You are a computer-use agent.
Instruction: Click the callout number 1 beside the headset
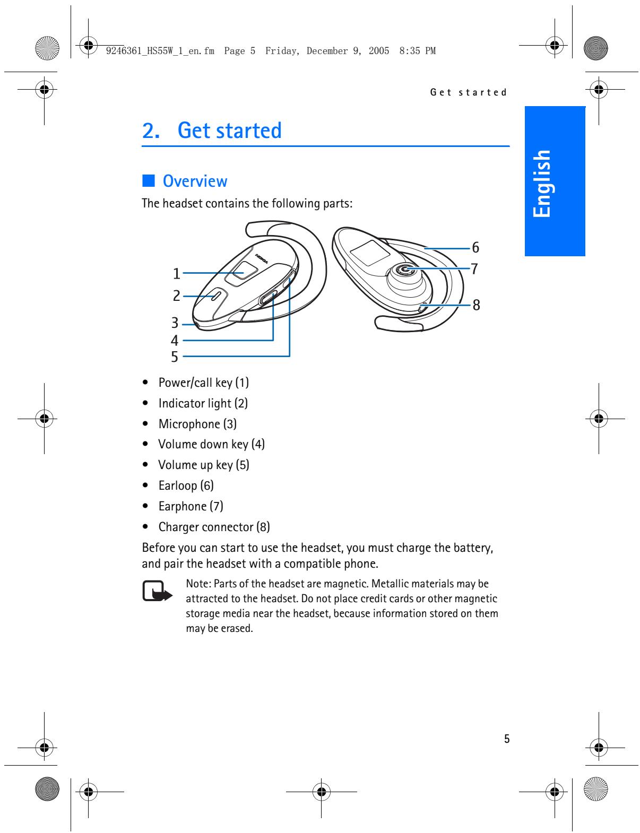click(177, 274)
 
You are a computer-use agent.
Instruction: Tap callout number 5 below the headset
click(175, 357)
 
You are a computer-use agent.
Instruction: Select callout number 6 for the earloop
click(475, 247)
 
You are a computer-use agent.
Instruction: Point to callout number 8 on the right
click(476, 305)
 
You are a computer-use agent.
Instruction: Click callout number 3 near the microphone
click(175, 323)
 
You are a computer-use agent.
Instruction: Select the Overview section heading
click(195, 181)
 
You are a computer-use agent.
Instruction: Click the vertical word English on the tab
click(542, 183)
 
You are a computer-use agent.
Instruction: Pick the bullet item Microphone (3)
click(197, 424)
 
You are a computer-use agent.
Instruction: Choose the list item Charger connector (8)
click(214, 527)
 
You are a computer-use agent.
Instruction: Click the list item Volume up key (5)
click(203, 465)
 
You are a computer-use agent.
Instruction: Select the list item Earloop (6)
click(186, 485)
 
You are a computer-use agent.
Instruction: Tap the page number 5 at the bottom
click(507, 739)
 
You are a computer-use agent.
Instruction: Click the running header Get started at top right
click(469, 92)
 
